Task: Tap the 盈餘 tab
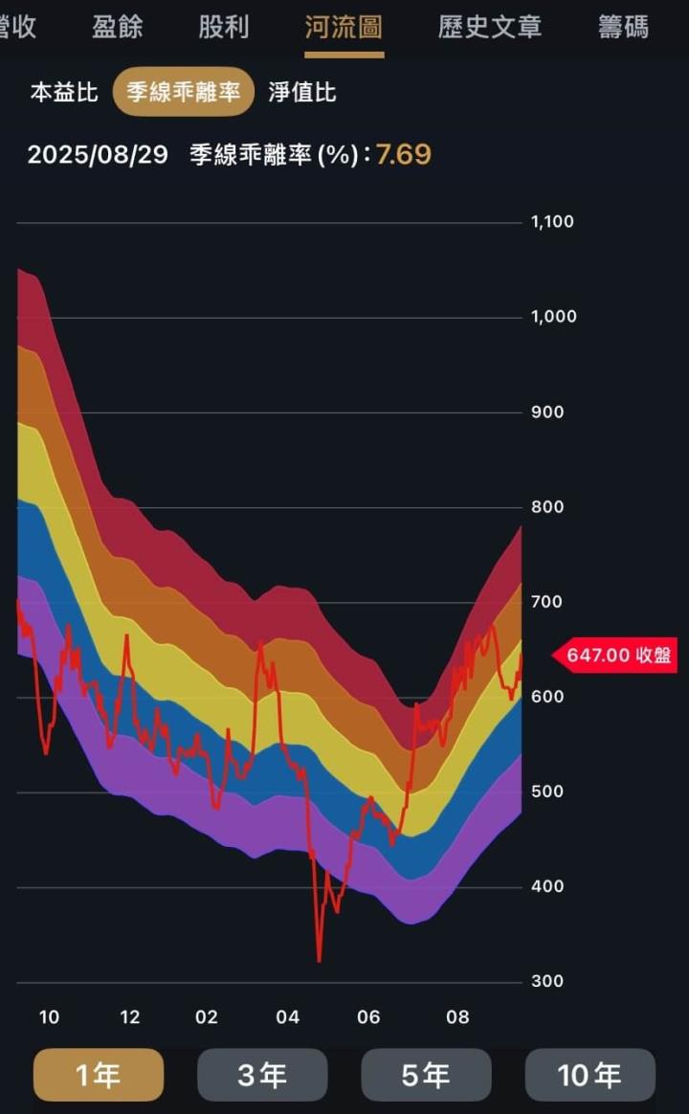click(x=117, y=27)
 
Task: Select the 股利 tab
click(x=224, y=27)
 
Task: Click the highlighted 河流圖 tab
click(x=344, y=27)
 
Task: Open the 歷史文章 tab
click(x=489, y=27)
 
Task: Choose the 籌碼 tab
click(x=623, y=27)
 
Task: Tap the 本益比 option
click(x=64, y=93)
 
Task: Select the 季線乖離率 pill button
click(x=184, y=93)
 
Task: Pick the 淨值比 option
click(x=302, y=93)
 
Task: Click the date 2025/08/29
click(x=98, y=155)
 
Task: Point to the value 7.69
click(x=403, y=155)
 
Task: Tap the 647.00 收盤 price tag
click(x=617, y=656)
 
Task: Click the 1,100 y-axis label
click(x=552, y=222)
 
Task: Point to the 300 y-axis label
click(x=548, y=982)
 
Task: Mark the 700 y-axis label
click(x=548, y=603)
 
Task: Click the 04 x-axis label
click(x=287, y=1017)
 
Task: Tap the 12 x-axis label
click(x=129, y=1017)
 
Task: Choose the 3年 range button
click(x=262, y=1076)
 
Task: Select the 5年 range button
click(x=426, y=1076)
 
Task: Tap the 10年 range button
click(x=589, y=1076)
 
